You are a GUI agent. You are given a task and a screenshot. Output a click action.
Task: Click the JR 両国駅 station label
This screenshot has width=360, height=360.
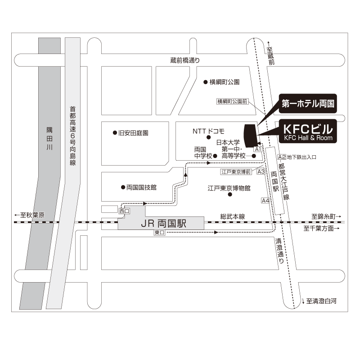163,223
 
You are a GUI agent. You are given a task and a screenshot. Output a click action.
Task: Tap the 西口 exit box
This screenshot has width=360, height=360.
125,211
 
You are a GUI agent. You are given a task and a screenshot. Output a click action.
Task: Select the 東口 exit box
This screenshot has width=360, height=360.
159,232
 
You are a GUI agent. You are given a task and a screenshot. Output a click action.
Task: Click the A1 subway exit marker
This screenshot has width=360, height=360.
258,149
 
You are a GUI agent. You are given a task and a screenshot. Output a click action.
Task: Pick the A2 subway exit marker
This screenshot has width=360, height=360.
282,157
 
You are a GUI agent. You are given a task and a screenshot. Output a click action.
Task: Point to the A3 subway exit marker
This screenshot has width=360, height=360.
261,171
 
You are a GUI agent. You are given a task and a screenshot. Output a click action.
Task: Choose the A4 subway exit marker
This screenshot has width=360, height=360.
265,200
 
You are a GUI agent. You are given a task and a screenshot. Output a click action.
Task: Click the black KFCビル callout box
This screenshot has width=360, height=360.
308,131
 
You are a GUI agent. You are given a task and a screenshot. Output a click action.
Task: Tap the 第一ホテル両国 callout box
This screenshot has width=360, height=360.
308,103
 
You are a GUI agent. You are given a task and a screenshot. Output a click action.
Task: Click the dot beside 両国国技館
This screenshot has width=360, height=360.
123,187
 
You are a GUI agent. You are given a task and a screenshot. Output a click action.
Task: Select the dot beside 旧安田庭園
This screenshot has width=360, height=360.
115,133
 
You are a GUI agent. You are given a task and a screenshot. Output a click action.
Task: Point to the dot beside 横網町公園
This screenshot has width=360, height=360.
206,82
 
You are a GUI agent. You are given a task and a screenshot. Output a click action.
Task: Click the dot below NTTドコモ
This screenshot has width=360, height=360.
209,137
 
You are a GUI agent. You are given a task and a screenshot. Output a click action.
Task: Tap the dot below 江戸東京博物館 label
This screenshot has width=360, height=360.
230,194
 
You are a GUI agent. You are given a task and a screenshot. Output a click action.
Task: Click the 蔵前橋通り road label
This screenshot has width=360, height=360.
185,60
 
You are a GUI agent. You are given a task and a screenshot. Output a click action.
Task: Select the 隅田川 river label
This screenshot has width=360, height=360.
49,139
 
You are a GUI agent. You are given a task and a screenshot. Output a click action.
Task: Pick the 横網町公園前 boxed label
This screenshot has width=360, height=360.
232,101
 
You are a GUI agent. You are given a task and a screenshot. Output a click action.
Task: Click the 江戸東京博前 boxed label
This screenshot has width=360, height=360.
236,171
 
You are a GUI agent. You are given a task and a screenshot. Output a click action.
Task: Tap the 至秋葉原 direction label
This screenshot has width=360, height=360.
29,215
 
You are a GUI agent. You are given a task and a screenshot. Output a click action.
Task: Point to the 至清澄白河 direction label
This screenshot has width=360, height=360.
319,301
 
